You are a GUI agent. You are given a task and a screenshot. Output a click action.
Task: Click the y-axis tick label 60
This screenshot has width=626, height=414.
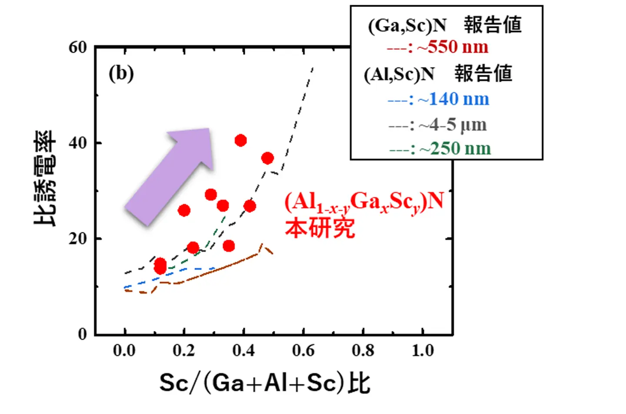tap(78, 47)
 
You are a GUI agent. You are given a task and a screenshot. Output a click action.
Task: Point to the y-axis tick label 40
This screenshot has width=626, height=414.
tap(78, 143)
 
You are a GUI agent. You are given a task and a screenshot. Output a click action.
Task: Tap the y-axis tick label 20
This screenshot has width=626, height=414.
tap(78, 239)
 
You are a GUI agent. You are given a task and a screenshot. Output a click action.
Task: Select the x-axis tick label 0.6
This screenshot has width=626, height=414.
tap(303, 350)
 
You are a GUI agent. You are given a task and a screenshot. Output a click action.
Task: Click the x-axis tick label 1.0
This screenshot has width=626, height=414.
tap(423, 350)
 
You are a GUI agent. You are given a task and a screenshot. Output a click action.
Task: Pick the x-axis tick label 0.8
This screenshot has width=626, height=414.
tap(363, 350)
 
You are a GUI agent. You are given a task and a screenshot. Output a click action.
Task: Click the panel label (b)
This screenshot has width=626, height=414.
tap(121, 73)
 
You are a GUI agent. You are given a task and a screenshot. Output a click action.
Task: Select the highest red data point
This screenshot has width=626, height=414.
tap(240, 140)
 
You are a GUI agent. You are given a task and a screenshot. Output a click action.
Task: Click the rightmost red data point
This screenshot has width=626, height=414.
tap(267, 158)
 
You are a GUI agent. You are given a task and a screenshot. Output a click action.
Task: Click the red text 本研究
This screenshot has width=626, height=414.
tap(320, 228)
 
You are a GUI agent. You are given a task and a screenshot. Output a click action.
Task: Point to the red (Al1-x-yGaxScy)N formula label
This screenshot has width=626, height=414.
tap(364, 202)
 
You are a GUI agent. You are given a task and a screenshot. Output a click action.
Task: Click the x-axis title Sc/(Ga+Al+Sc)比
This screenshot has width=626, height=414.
tap(264, 383)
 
